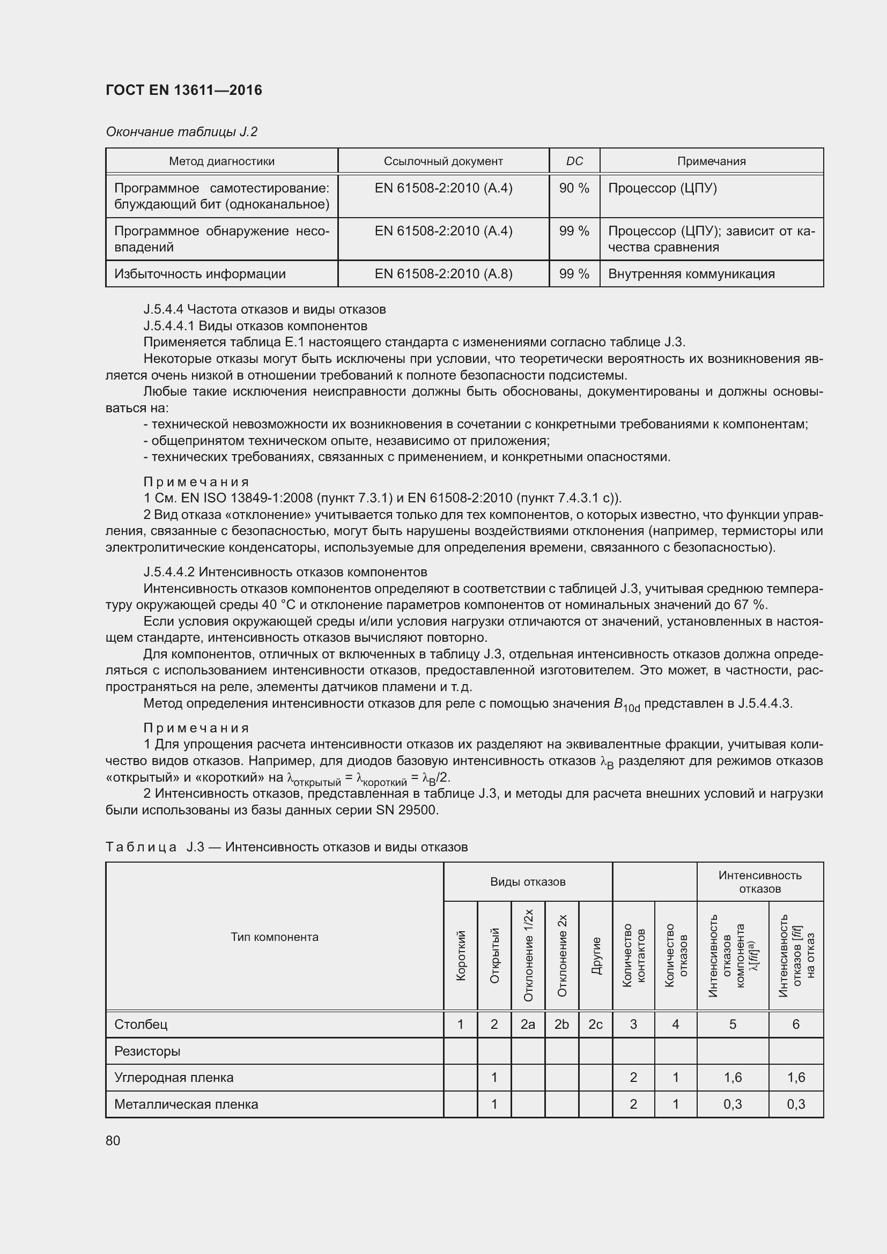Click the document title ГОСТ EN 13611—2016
[183, 90]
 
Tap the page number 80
[113, 1140]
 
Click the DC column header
[574, 161]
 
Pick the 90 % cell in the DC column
[574, 188]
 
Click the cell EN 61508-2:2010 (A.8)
[443, 273]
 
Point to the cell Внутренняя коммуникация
[691, 273]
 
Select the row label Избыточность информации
[200, 273]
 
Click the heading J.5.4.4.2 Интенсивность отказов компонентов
[285, 572]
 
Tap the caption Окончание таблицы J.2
[181, 132]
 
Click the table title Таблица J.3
[286, 847]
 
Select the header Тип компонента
[274, 937]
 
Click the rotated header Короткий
[461, 955]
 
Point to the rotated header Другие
[595, 955]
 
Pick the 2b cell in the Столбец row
[561, 1025]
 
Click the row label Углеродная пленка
[174, 1078]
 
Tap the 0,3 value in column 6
[796, 1104]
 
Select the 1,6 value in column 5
[733, 1078]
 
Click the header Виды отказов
[528, 882]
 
